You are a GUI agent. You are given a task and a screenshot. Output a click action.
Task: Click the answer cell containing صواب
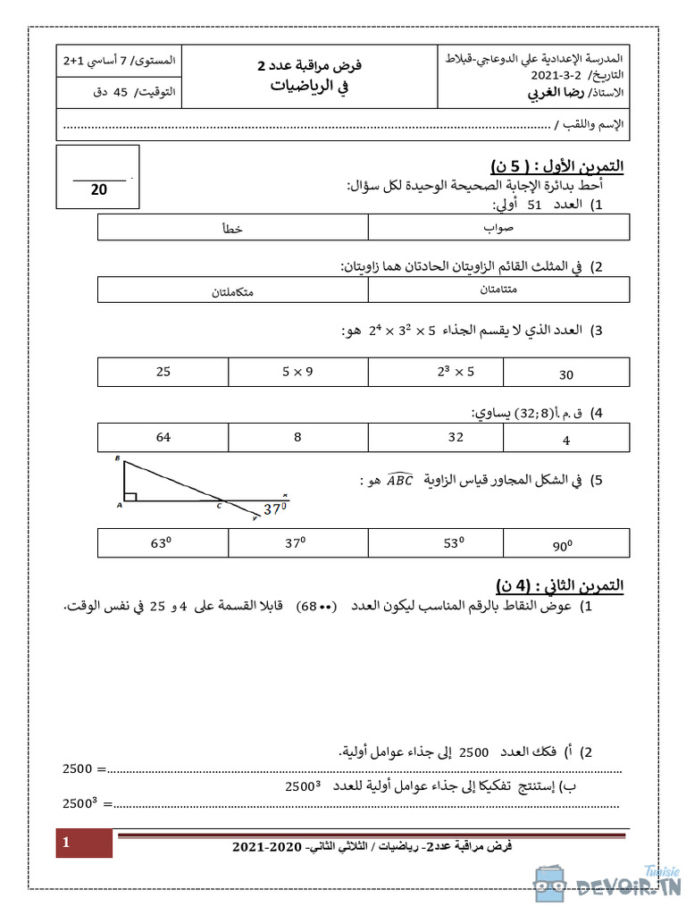tap(498, 228)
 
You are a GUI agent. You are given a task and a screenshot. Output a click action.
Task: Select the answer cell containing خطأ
tap(232, 228)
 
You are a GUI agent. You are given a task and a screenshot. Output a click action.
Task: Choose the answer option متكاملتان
tap(232, 290)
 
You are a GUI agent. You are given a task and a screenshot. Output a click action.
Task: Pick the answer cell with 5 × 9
tap(297, 372)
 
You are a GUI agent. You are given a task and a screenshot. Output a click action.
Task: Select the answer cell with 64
tap(163, 437)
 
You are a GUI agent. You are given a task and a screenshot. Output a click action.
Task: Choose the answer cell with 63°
tap(163, 542)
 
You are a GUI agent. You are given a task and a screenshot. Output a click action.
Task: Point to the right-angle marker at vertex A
tap(130, 497)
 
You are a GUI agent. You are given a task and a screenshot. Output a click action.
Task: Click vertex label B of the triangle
tap(118, 458)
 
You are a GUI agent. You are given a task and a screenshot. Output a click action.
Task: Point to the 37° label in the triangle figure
tap(275, 509)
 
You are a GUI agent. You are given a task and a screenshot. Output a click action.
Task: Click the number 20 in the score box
tap(98, 189)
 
